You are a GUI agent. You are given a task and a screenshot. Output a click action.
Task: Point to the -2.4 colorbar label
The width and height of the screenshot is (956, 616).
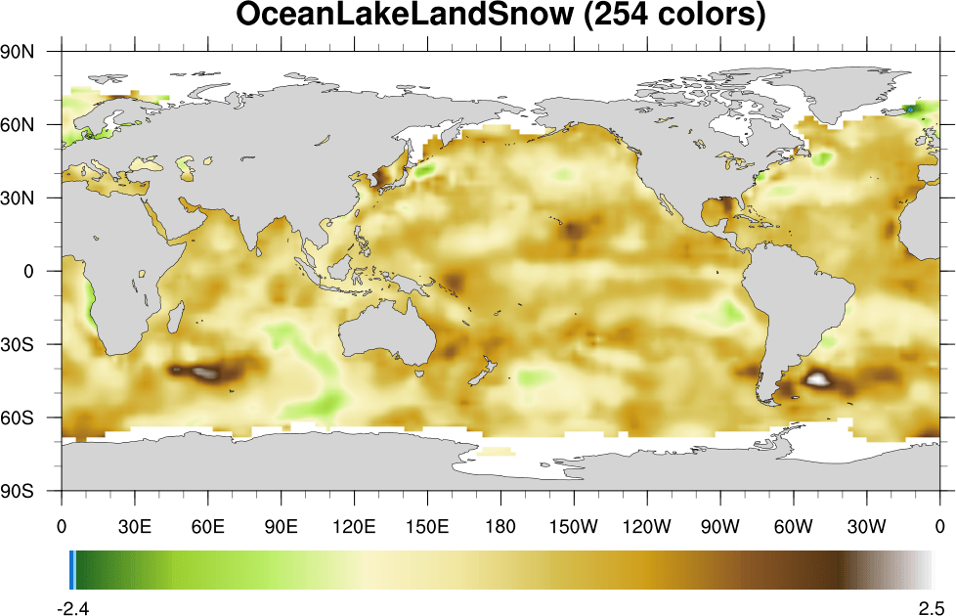click(x=74, y=607)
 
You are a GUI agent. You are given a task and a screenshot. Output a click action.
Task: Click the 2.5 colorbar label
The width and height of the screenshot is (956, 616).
click(x=930, y=607)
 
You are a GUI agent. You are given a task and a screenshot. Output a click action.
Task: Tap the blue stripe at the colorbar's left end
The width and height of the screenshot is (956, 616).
click(x=73, y=569)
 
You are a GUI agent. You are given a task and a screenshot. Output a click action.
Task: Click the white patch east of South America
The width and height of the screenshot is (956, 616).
click(x=816, y=377)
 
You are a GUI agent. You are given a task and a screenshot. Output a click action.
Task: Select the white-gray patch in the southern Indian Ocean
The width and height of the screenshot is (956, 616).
click(x=204, y=372)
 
